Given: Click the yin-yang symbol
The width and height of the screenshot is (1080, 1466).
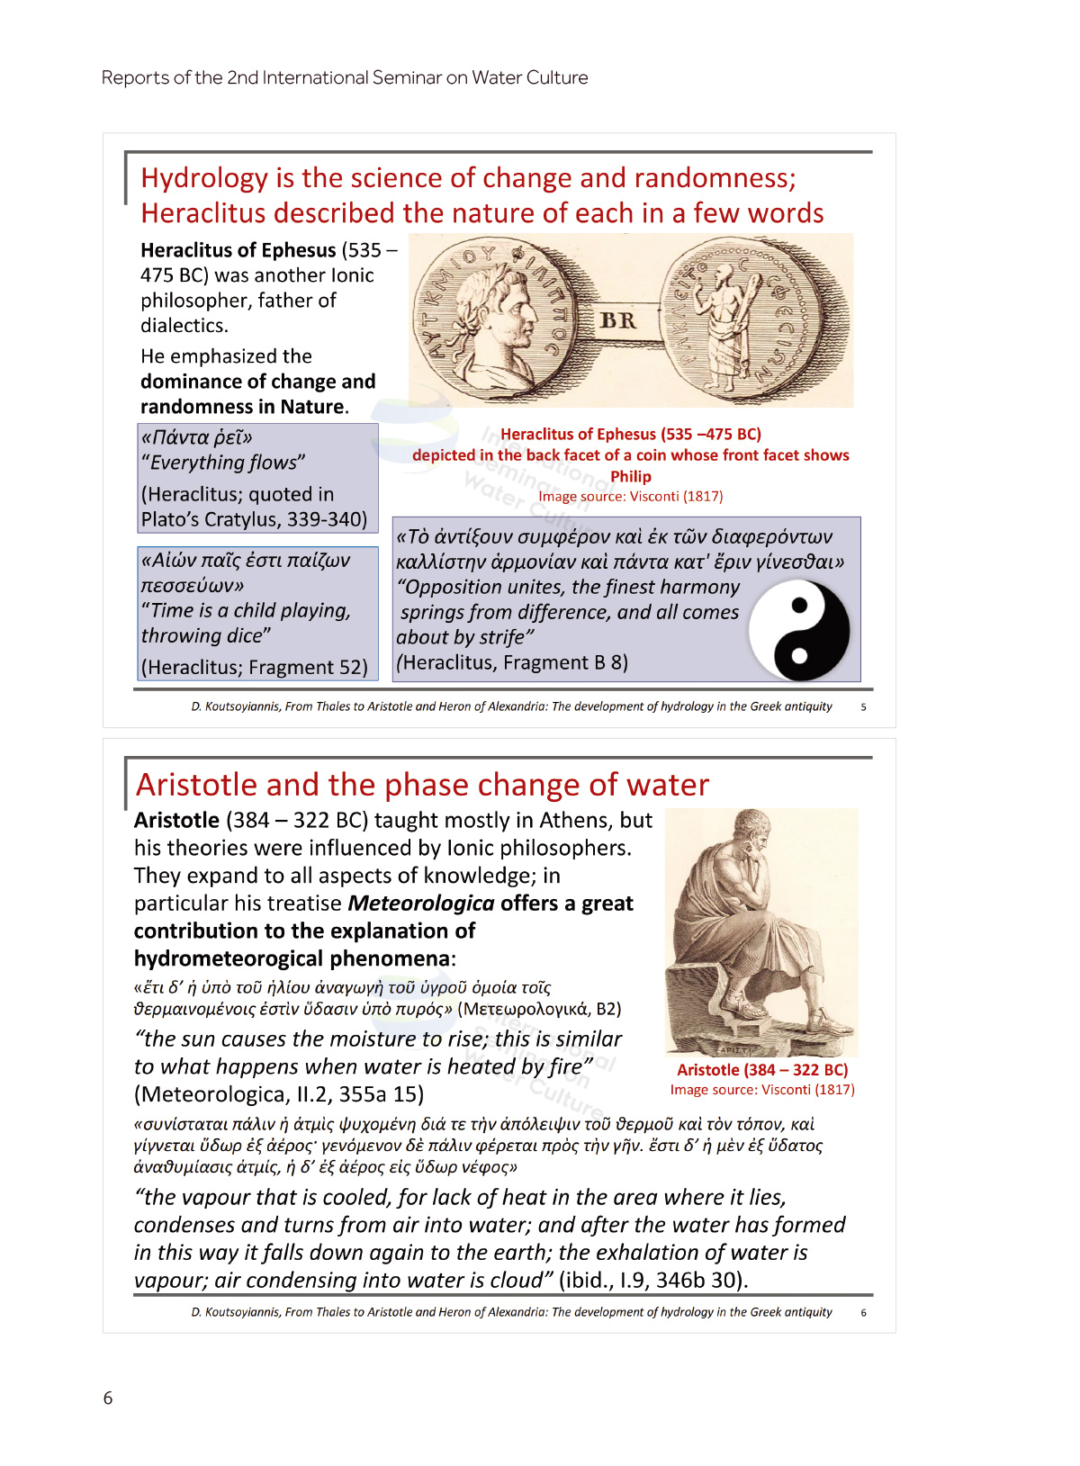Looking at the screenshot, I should (x=799, y=630).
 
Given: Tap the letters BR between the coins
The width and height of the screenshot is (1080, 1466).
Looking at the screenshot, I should (x=617, y=320).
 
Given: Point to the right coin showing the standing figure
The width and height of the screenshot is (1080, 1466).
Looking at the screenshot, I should (x=740, y=319).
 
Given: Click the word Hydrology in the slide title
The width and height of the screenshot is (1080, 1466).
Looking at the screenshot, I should (x=204, y=178).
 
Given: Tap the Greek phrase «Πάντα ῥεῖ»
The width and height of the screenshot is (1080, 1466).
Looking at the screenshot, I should (x=197, y=437).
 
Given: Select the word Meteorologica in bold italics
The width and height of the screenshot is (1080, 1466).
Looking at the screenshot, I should (x=421, y=904).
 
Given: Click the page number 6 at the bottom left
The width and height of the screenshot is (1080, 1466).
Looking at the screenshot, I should (x=108, y=1398).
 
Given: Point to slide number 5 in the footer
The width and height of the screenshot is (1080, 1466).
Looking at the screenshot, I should (x=863, y=707).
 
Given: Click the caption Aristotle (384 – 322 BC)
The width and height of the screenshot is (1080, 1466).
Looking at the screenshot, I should (x=762, y=1070).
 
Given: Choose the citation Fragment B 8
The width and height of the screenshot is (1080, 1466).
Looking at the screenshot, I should (x=565, y=663).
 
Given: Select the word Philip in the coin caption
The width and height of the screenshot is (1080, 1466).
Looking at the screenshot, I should (x=630, y=477).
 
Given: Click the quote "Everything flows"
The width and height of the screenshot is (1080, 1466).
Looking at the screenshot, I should (x=223, y=463).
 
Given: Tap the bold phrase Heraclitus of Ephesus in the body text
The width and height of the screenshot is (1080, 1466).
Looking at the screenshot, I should (x=238, y=250).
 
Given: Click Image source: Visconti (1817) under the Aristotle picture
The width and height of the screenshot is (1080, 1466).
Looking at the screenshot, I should (x=762, y=1090).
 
